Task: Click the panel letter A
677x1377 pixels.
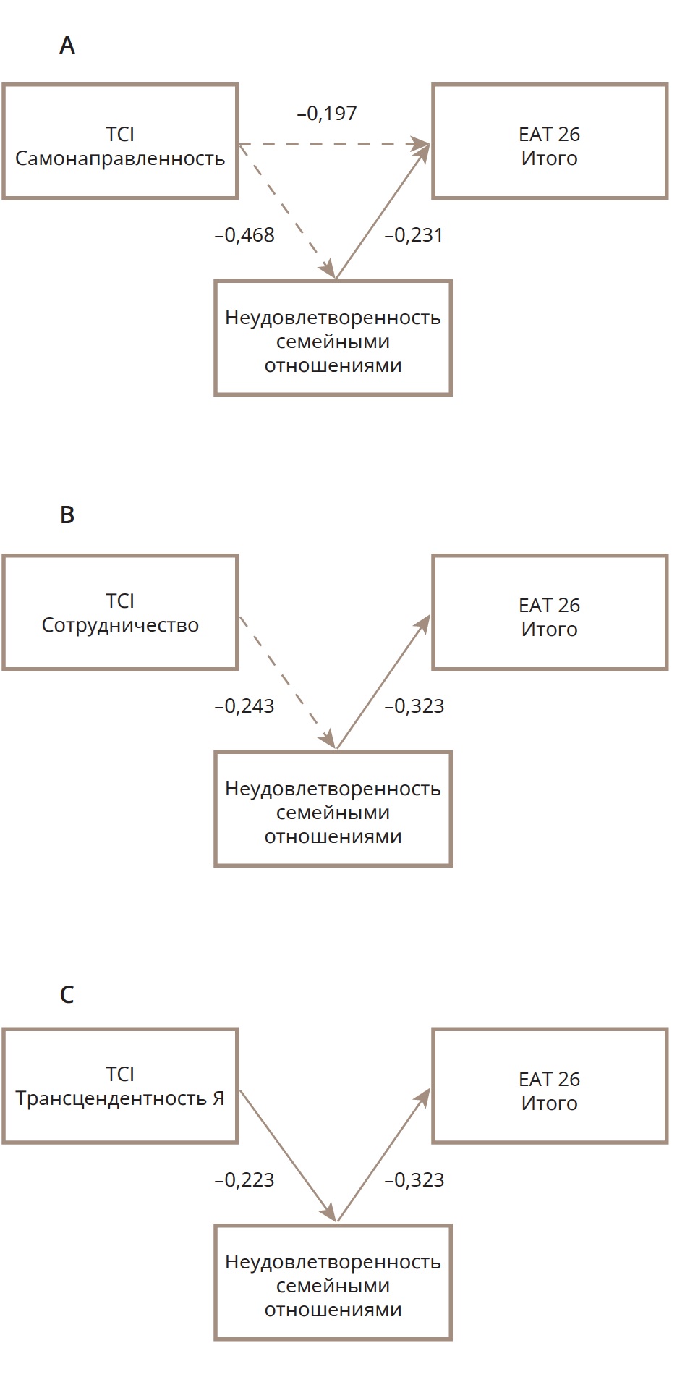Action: click(67, 46)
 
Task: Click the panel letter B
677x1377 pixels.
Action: click(67, 514)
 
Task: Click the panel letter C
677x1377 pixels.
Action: click(67, 995)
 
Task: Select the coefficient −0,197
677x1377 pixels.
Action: click(327, 114)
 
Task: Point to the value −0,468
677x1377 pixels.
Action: click(244, 235)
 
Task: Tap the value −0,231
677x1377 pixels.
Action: click(414, 235)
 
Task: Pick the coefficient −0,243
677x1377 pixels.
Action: click(244, 706)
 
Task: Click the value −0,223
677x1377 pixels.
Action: click(244, 1180)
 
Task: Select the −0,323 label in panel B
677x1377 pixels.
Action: click(414, 706)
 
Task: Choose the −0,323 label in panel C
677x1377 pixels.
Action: click(414, 1180)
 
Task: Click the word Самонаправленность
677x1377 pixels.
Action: click(120, 158)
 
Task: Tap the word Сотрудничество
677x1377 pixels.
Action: click(120, 625)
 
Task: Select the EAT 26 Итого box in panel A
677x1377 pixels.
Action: click(550, 142)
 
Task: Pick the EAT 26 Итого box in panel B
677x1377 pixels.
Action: click(550, 613)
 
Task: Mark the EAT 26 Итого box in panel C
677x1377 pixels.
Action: click(550, 1086)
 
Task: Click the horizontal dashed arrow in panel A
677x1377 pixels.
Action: click(333, 145)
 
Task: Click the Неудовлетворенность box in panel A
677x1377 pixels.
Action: click(333, 338)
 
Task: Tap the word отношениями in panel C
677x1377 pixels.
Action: click(333, 1310)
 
